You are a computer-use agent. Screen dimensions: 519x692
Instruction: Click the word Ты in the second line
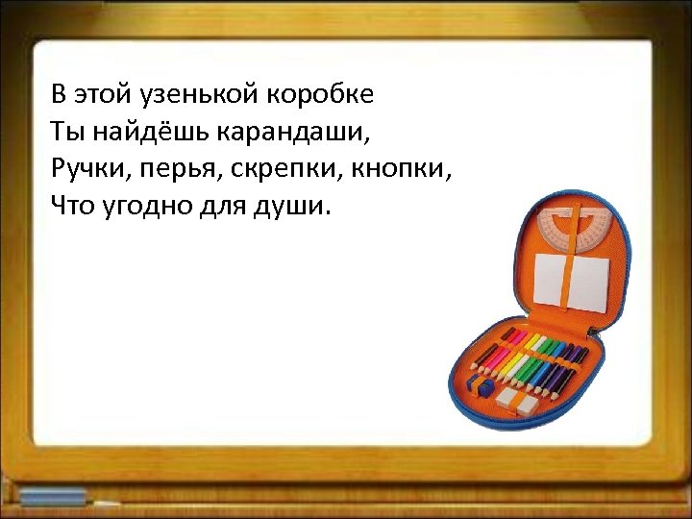click(65, 133)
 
